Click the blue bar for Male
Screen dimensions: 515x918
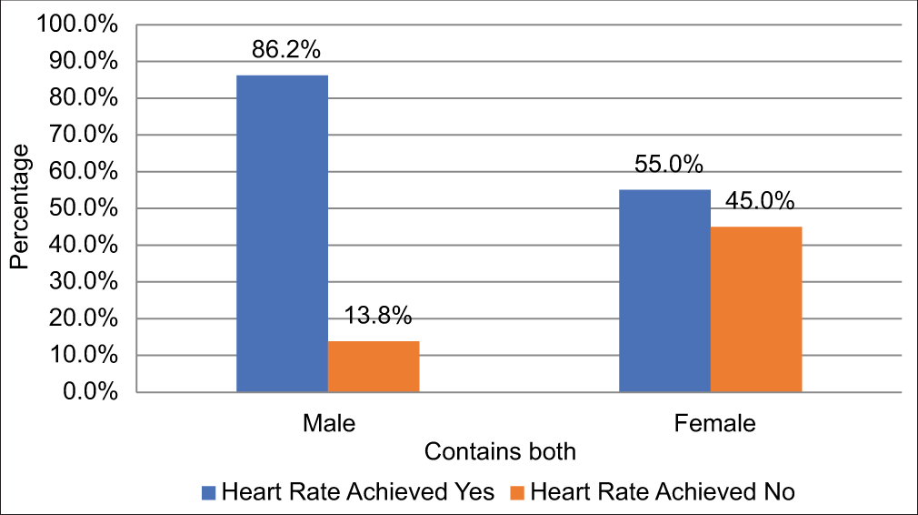[x=282, y=234]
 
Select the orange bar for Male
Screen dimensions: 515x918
[x=374, y=367]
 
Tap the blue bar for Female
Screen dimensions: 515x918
[x=664, y=291]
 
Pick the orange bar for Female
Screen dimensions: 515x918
[x=756, y=309]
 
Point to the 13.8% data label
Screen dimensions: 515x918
[x=378, y=317]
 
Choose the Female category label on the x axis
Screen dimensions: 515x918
[x=714, y=424]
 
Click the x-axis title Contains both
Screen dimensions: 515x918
[x=501, y=451]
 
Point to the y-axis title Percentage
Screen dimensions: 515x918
[x=20, y=208]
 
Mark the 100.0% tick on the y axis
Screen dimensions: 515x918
[x=78, y=25]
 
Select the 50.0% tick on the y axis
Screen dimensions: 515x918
[x=84, y=209]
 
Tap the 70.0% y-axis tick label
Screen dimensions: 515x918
[x=84, y=136]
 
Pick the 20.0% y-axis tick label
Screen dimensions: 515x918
[x=84, y=319]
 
